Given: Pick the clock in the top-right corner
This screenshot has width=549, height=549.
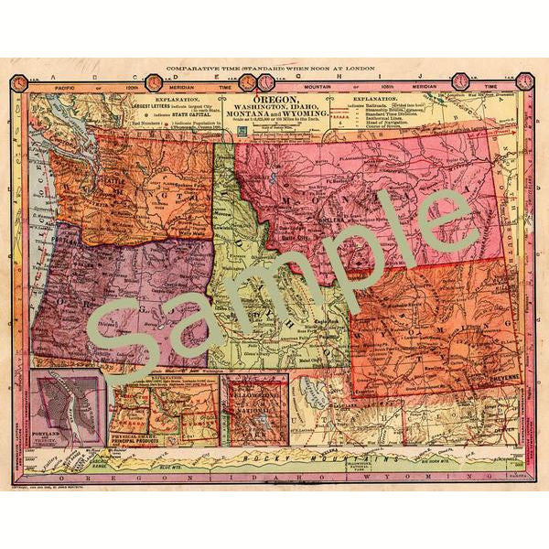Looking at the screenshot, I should [524, 81].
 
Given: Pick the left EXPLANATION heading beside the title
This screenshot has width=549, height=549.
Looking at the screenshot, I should [171, 96].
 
